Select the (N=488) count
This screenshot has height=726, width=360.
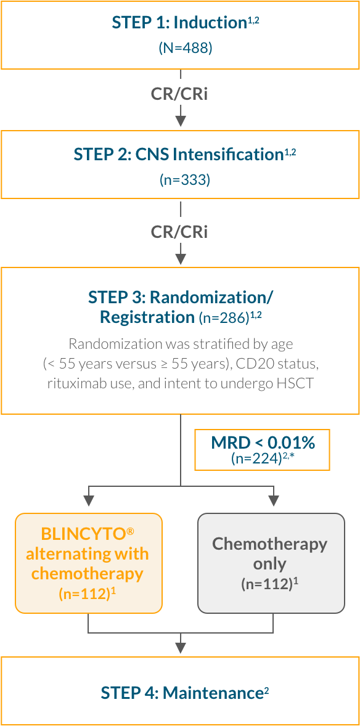pyautogui.click(x=180, y=48)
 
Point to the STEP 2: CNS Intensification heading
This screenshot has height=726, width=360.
pyautogui.click(x=180, y=154)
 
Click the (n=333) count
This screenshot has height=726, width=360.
pyautogui.click(x=180, y=179)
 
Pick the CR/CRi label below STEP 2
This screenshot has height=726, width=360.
pyautogui.click(x=180, y=232)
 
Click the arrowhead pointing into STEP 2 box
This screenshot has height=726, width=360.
pyautogui.click(x=181, y=121)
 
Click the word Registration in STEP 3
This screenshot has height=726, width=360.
pyautogui.click(x=147, y=317)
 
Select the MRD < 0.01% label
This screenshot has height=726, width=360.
pyautogui.click(x=263, y=443)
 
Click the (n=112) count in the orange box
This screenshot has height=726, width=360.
pyautogui.click(x=85, y=594)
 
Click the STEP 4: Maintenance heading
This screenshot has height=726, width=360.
pyautogui.click(x=180, y=693)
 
